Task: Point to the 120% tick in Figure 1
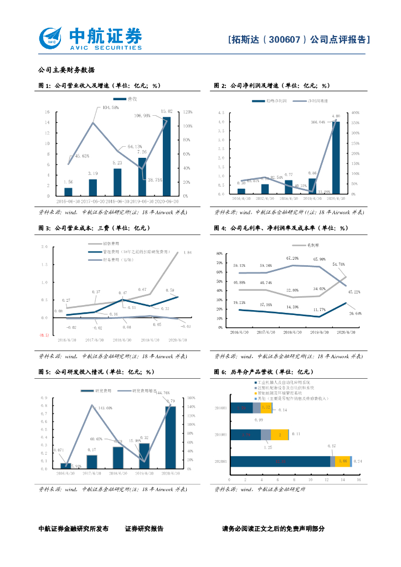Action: (x=187, y=112)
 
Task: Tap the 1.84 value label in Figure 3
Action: (x=187, y=252)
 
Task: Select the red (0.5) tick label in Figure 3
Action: (x=44, y=335)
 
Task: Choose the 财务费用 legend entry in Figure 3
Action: (x=114, y=260)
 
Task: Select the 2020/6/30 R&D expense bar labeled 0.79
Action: (x=171, y=437)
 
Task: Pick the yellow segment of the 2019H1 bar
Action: (x=280, y=435)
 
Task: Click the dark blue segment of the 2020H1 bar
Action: (x=280, y=461)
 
